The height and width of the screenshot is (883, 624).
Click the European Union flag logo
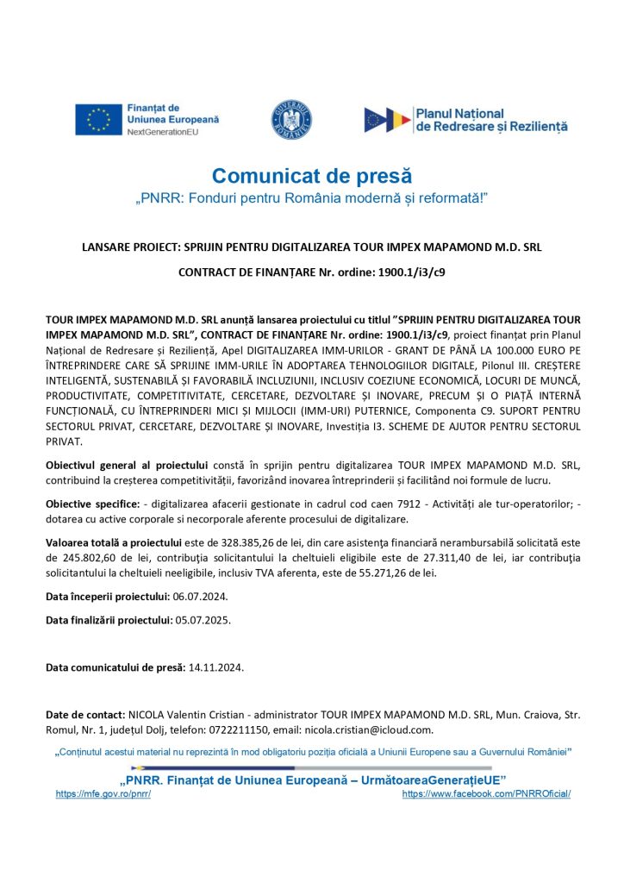tap(98, 120)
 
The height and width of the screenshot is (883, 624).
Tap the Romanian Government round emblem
tap(292, 120)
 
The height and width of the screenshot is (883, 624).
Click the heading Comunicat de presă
tap(312, 177)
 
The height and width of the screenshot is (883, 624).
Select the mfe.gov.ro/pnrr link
tap(103, 793)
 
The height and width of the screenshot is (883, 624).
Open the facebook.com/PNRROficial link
tap(486, 793)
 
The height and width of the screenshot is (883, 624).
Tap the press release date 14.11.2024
tap(216, 667)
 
